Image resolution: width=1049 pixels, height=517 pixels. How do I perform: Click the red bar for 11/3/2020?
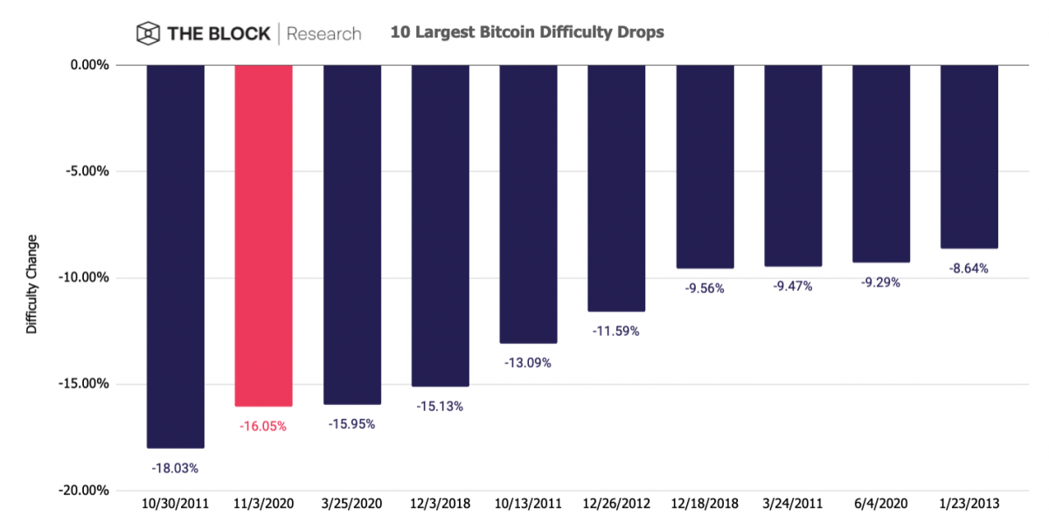pos(263,235)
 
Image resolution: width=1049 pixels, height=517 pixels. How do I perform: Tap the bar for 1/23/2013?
pos(969,157)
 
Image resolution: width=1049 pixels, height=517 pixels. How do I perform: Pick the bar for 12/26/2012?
pos(616,188)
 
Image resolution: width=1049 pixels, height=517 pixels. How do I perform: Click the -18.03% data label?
pos(175,468)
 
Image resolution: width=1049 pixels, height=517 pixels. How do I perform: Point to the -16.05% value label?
pos(263,427)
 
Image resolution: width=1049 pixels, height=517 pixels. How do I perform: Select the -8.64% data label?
pos(969,269)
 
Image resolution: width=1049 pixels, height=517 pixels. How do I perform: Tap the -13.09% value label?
pos(528,362)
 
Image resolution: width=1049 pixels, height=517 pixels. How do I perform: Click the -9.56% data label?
pos(705,288)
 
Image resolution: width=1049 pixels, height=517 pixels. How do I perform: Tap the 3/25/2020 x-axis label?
pos(351,505)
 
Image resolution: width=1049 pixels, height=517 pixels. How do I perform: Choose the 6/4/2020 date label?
pos(880,505)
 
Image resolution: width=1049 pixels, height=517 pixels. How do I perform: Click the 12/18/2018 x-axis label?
pos(705,505)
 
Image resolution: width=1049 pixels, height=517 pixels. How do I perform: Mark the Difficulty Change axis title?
pos(32,284)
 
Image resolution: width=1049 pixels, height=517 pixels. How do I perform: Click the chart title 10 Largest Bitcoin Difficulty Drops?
pos(527,32)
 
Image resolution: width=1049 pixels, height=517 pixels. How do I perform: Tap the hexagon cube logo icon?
pos(148,33)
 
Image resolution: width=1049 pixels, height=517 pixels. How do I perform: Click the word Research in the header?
pos(323,34)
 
